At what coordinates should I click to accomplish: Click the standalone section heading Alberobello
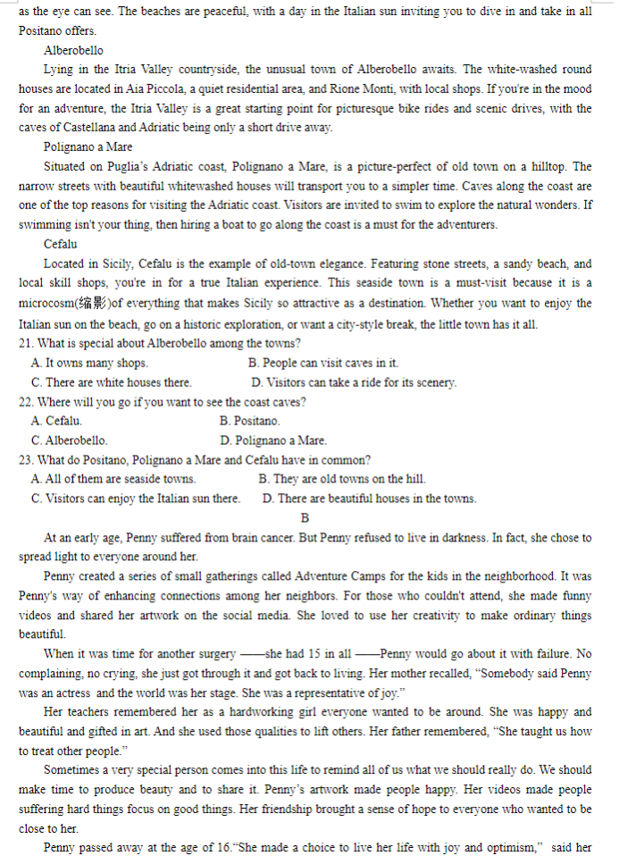[73, 50]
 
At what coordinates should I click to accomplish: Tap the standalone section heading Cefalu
[60, 244]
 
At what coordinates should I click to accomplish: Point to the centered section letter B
[305, 518]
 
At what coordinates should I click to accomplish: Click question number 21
[26, 343]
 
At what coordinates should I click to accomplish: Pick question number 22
[26, 402]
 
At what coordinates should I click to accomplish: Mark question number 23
[26, 460]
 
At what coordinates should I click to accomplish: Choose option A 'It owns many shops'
[89, 363]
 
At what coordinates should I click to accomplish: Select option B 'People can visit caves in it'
[323, 363]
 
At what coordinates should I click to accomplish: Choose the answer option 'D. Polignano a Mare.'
[273, 440]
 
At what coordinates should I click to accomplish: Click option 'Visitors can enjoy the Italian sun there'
[135, 499]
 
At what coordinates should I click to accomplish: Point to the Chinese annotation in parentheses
[92, 303]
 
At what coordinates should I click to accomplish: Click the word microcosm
[45, 303]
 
